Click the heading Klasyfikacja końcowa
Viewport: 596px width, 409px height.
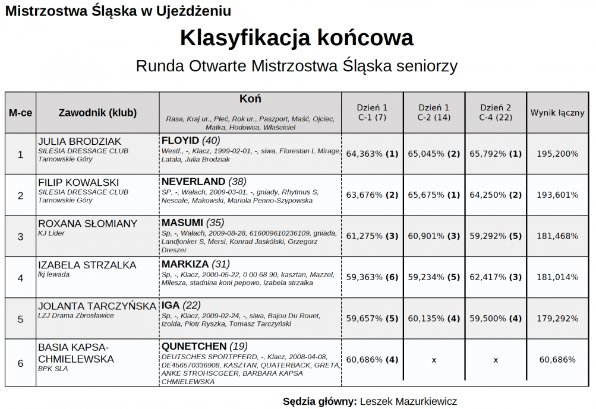click(297, 38)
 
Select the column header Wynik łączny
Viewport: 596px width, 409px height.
click(557, 113)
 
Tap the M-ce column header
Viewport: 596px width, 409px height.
click(20, 113)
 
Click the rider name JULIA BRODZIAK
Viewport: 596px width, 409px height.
click(79, 141)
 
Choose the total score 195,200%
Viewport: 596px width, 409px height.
click(557, 154)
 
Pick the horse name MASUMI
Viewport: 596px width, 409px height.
click(182, 223)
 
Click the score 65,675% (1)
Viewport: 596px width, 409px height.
click(434, 195)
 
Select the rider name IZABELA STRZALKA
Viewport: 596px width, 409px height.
click(87, 265)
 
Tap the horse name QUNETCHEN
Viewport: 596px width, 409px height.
click(194, 346)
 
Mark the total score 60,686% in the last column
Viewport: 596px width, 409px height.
click(557, 360)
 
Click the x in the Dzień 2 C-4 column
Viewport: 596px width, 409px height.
click(496, 360)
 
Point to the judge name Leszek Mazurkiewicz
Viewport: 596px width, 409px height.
click(408, 401)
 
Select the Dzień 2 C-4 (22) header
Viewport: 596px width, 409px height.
click(496, 113)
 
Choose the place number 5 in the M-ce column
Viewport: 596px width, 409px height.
click(20, 319)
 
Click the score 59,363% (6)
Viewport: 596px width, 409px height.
click(372, 277)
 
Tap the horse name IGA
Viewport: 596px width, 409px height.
click(171, 305)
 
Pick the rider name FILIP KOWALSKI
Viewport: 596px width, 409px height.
click(78, 182)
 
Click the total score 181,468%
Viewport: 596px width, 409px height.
click(557, 236)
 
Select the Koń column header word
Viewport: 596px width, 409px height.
click(250, 99)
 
